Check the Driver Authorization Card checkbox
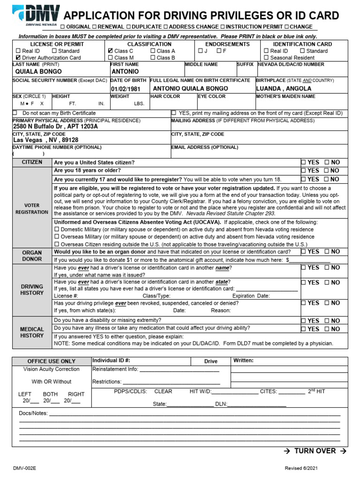pyautogui.click(x=18, y=58)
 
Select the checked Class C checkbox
pyautogui.click(x=110, y=51)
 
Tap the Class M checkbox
pyautogui.click(x=110, y=58)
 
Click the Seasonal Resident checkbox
pyautogui.click(x=266, y=58)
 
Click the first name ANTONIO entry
pyautogui.click(x=125, y=72)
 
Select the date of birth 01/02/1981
pyautogui.click(x=126, y=89)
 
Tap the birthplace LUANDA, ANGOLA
pyautogui.click(x=284, y=88)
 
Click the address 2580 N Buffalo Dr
pyautogui.click(x=55, y=127)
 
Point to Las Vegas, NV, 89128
pyautogui.click(x=45, y=140)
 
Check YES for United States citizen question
pyautogui.click(x=303, y=162)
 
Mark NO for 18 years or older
pyautogui.click(x=327, y=171)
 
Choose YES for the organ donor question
pyautogui.click(x=303, y=252)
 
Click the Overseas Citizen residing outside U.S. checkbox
pyautogui.click(x=57, y=244)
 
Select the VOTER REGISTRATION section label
pyautogui.click(x=32, y=209)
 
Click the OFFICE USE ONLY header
pyautogui.click(x=51, y=361)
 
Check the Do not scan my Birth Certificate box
pyautogui.click(x=15, y=113)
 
